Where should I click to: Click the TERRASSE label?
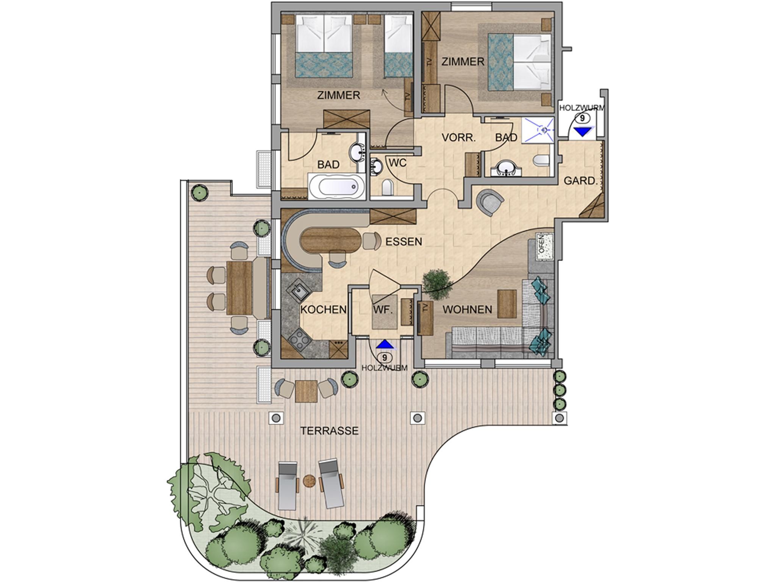click(x=329, y=431)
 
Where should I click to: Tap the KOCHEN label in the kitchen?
click(x=324, y=310)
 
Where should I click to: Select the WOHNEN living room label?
click(x=467, y=310)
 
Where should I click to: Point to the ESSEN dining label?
click(x=404, y=241)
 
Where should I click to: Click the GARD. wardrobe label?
click(x=580, y=181)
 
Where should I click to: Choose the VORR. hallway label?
click(x=458, y=137)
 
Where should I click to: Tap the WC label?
click(x=398, y=163)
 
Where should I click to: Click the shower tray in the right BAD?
click(x=537, y=130)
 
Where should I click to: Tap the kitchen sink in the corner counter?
click(x=299, y=291)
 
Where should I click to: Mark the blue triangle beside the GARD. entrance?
click(x=582, y=132)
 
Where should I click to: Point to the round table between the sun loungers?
click(x=309, y=481)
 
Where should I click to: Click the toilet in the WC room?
click(x=387, y=187)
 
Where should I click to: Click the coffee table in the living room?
click(x=507, y=304)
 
